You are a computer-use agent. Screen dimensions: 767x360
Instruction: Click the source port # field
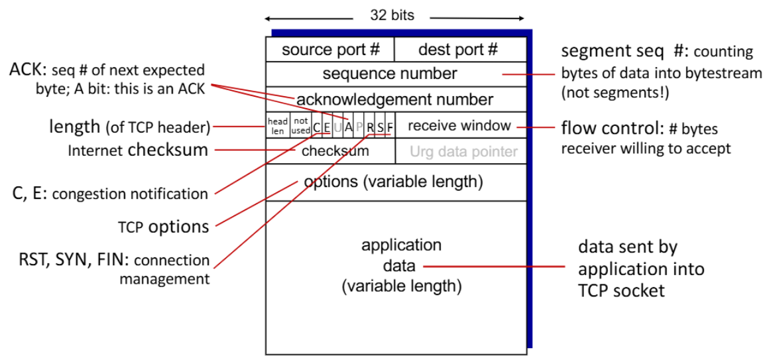[x=330, y=50]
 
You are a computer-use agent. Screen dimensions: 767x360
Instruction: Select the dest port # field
[x=460, y=50]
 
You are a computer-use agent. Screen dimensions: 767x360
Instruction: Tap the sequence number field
[x=396, y=74]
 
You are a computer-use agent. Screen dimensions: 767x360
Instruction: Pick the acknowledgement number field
[x=396, y=100]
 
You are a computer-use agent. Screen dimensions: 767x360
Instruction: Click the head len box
[x=278, y=125]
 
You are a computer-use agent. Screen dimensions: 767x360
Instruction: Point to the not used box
[x=301, y=125]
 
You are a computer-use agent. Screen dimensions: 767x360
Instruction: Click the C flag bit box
[x=317, y=125]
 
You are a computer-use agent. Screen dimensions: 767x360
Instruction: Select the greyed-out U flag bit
[x=337, y=125]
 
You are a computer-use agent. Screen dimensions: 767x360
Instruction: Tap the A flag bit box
[x=348, y=125]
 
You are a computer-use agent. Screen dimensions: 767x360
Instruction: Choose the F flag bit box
[x=390, y=125]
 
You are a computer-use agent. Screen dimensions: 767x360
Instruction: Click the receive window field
[x=461, y=125]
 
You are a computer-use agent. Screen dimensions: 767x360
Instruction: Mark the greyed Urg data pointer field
[x=461, y=151]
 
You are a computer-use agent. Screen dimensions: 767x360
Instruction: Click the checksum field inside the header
[x=331, y=151]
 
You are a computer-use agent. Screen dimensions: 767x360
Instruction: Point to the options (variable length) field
[x=396, y=182]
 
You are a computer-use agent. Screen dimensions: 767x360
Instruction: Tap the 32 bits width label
[x=392, y=16]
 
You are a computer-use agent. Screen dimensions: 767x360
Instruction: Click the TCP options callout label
[x=164, y=227]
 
